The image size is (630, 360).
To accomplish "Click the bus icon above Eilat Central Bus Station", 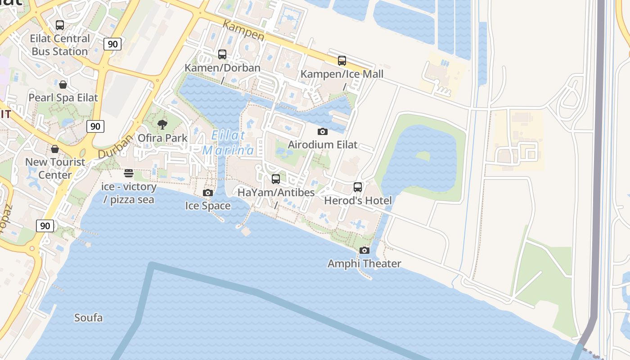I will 60,25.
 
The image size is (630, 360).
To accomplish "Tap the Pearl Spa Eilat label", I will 63,98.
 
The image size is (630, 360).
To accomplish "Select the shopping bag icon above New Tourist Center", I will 55,149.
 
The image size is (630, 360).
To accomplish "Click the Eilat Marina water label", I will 228,143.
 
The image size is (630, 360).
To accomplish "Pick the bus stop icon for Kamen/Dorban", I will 222,54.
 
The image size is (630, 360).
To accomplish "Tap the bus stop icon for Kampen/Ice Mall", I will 342,61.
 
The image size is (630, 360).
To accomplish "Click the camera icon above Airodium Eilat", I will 322,131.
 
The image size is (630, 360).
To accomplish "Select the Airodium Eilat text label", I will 322,145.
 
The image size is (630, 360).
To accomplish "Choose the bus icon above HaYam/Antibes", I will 276,179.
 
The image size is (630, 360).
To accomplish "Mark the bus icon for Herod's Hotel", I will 358,187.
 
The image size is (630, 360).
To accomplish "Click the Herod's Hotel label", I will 358,201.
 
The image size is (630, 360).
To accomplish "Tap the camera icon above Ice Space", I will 207,193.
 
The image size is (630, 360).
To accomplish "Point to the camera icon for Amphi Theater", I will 364,250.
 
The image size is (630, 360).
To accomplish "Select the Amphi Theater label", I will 364,264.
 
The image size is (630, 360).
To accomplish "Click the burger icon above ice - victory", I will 129,173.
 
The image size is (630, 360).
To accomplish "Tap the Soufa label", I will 88,318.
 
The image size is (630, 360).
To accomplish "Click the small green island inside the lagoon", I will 423,156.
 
